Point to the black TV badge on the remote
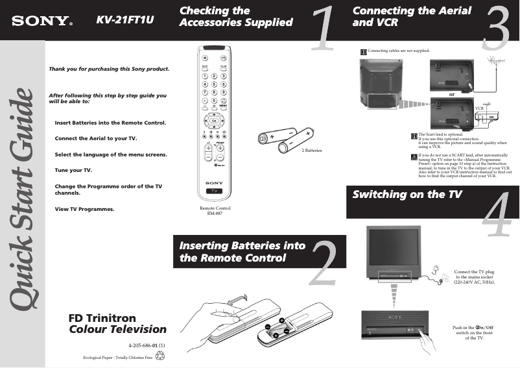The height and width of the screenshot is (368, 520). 214,191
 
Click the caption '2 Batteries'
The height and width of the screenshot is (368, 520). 312,150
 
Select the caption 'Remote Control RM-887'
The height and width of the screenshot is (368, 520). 215,210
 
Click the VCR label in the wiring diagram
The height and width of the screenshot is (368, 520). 480,107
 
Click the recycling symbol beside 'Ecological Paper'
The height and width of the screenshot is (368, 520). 160,356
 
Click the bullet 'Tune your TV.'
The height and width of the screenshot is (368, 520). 73,170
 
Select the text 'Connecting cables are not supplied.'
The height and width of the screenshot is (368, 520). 398,50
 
